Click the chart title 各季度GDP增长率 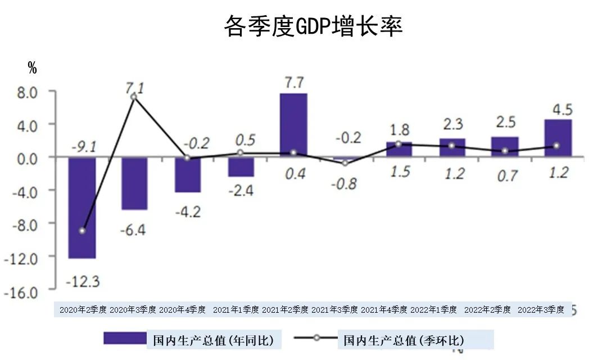pos(313,26)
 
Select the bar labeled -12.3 pos(82,208)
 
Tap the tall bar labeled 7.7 pos(293,125)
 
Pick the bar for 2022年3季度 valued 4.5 pos(558,138)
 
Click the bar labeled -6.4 pos(134,183)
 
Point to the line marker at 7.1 pos(133,97)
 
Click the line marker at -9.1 pos(83,231)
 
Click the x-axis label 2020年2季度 pos(83,310)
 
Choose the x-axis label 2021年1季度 pos(236,310)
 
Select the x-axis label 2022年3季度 pos(541,310)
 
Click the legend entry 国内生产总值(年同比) pos(214,340)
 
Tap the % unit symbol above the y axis pos(32,69)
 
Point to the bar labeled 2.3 pos(452,147)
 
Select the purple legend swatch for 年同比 pos(124,338)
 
